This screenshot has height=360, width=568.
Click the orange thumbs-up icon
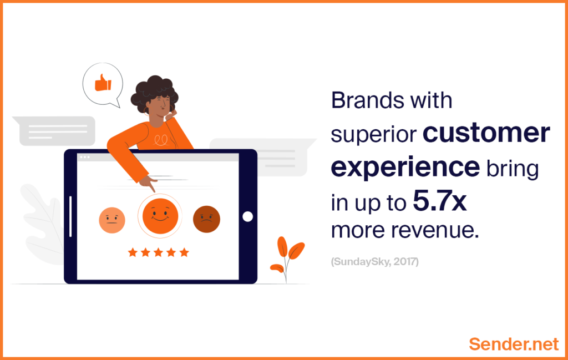tap(103, 83)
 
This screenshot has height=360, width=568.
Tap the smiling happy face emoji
tap(160, 216)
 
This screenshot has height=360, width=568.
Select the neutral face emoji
tap(112, 220)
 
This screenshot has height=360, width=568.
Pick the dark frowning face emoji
tap(206, 219)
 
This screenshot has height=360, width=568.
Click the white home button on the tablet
tap(248, 216)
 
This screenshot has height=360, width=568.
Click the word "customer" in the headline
tap(486, 133)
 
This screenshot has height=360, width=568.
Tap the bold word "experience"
tap(405, 168)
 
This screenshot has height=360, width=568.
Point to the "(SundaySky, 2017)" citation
tap(375, 261)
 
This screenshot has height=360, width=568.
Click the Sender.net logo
tap(514, 344)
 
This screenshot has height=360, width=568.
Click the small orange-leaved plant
tap(287, 258)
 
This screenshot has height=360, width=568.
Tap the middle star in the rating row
tap(158, 252)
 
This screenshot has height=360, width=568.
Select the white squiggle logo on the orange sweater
tap(161, 140)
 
